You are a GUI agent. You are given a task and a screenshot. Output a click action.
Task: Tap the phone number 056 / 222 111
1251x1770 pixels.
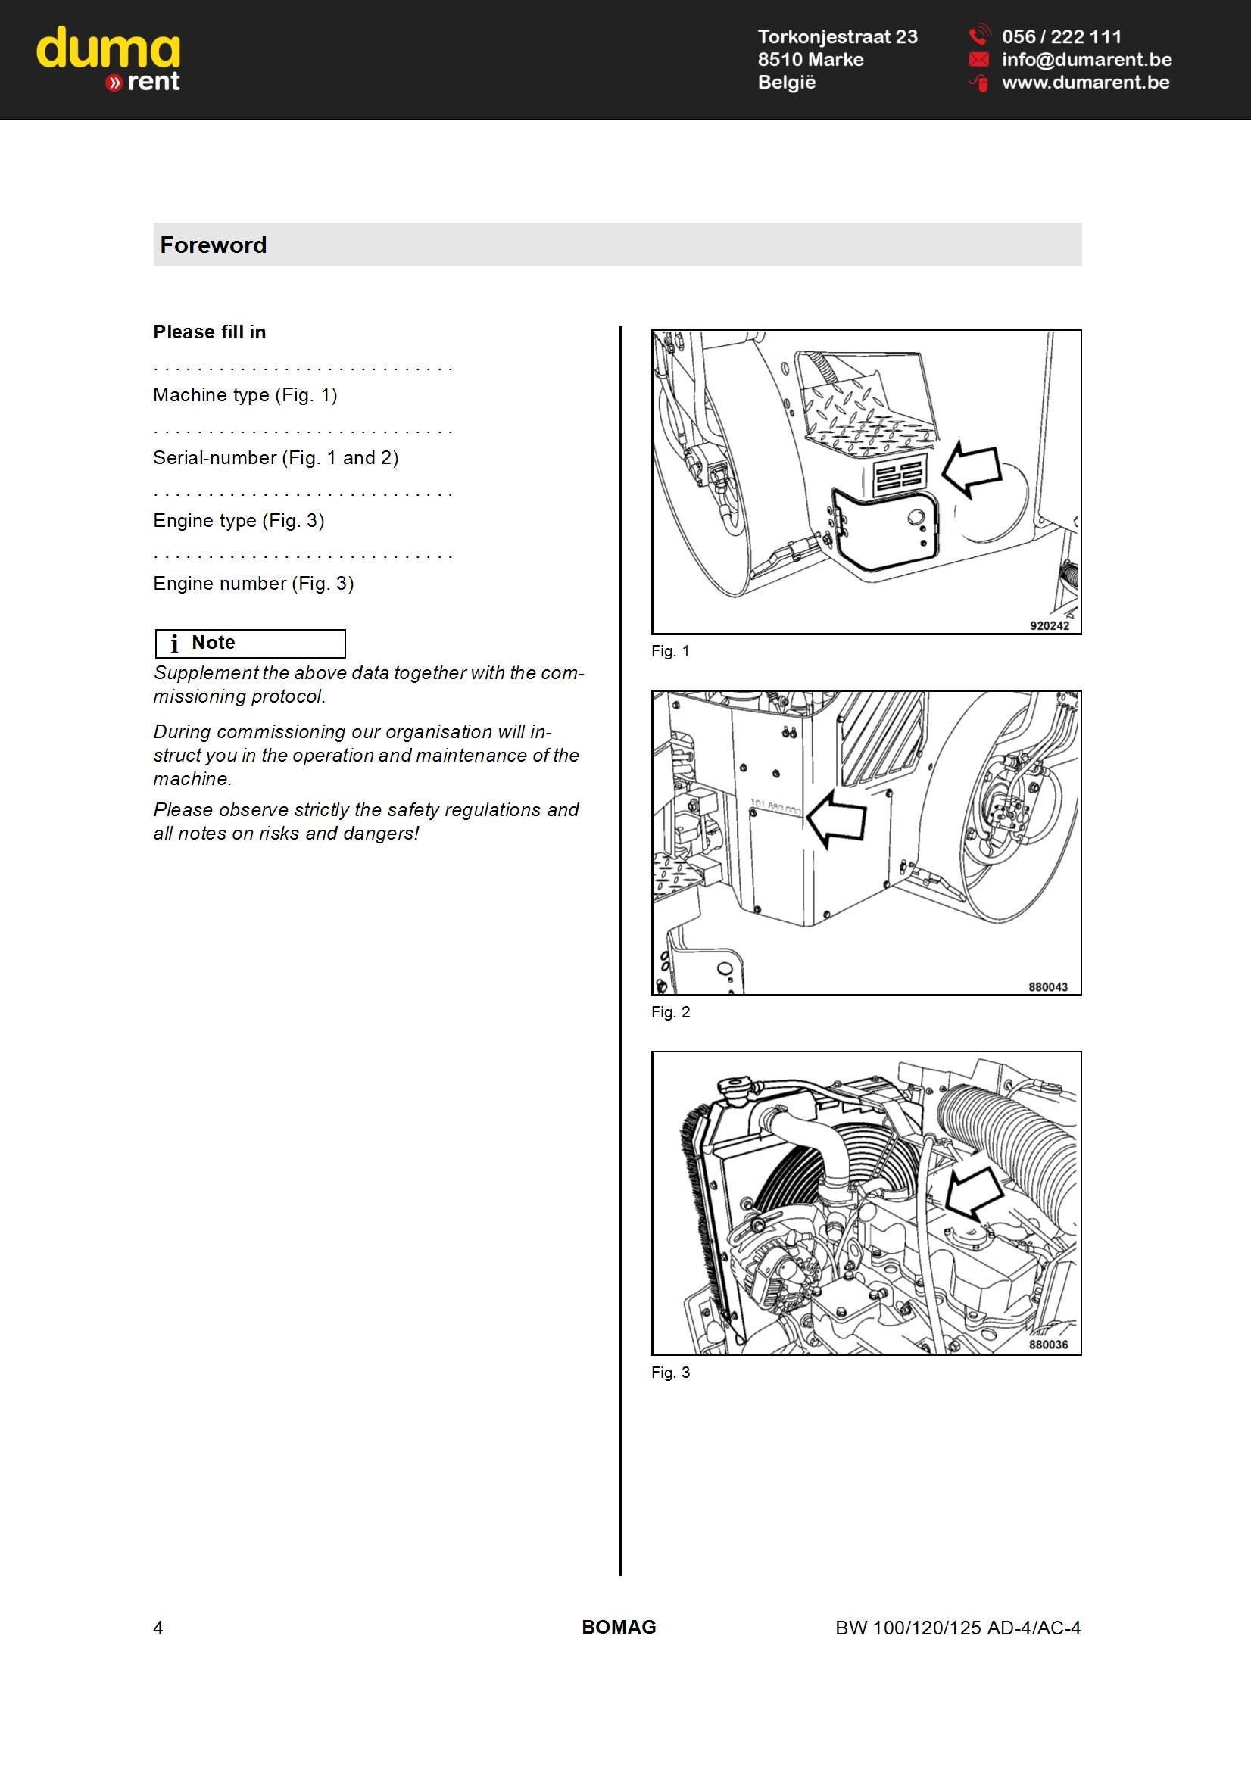1061,36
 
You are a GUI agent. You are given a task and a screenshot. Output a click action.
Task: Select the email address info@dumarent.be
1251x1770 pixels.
1087,59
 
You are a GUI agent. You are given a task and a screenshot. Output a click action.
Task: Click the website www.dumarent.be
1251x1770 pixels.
1085,83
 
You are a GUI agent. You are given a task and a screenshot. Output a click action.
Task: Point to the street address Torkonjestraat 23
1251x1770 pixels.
838,36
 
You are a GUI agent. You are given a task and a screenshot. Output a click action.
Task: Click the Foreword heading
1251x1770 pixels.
213,245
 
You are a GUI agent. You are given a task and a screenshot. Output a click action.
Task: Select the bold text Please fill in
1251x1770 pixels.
209,332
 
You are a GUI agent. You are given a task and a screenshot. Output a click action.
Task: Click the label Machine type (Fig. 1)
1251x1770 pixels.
245,395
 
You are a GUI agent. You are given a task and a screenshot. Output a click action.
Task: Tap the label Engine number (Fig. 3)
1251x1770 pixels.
253,584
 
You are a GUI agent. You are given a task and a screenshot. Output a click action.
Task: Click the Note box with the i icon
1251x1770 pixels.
250,643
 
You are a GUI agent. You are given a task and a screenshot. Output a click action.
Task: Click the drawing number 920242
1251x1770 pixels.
1050,626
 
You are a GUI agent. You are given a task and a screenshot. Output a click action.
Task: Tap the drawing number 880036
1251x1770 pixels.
1048,1345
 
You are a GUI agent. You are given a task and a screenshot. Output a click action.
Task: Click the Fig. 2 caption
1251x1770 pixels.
670,1012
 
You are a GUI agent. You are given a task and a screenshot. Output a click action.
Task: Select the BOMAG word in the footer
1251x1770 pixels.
619,1628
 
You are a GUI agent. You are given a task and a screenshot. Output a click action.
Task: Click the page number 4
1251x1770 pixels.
158,1628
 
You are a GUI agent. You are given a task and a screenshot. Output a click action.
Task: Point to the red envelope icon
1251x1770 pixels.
978,59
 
